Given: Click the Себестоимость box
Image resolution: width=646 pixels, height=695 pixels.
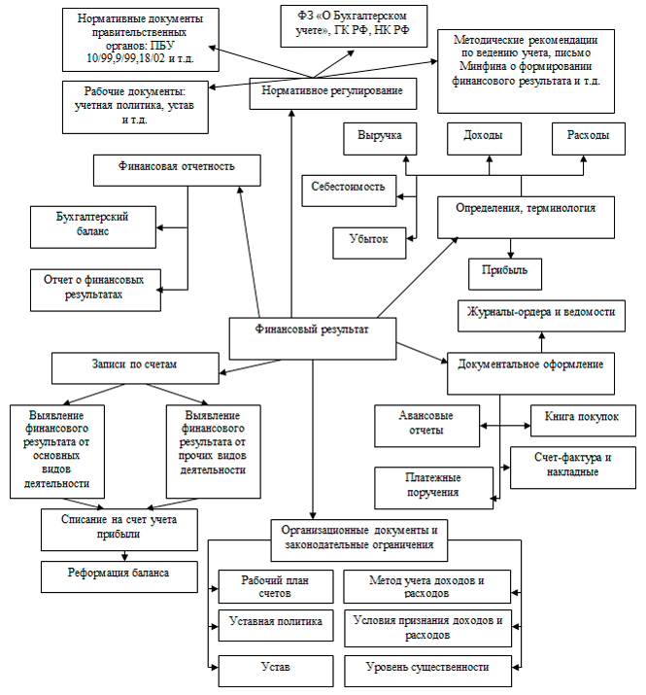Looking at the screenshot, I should pyautogui.click(x=349, y=186).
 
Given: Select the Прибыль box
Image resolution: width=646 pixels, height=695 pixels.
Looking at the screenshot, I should pyautogui.click(x=504, y=270).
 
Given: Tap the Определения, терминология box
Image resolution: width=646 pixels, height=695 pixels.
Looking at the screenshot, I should pyautogui.click(x=525, y=208).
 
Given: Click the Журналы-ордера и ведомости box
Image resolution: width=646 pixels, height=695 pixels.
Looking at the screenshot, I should pyautogui.click(x=542, y=315).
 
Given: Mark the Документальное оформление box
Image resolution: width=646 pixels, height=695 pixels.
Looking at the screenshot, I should pyautogui.click(x=530, y=365).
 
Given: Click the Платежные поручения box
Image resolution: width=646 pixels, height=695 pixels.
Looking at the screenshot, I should pyautogui.click(x=432, y=484).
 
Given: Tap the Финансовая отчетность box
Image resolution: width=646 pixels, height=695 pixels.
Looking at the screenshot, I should pyautogui.click(x=177, y=165).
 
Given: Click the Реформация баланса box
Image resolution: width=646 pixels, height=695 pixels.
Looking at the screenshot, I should pyautogui.click(x=120, y=573).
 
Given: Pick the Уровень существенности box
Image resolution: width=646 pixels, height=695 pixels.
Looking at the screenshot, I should pyautogui.click(x=427, y=667).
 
